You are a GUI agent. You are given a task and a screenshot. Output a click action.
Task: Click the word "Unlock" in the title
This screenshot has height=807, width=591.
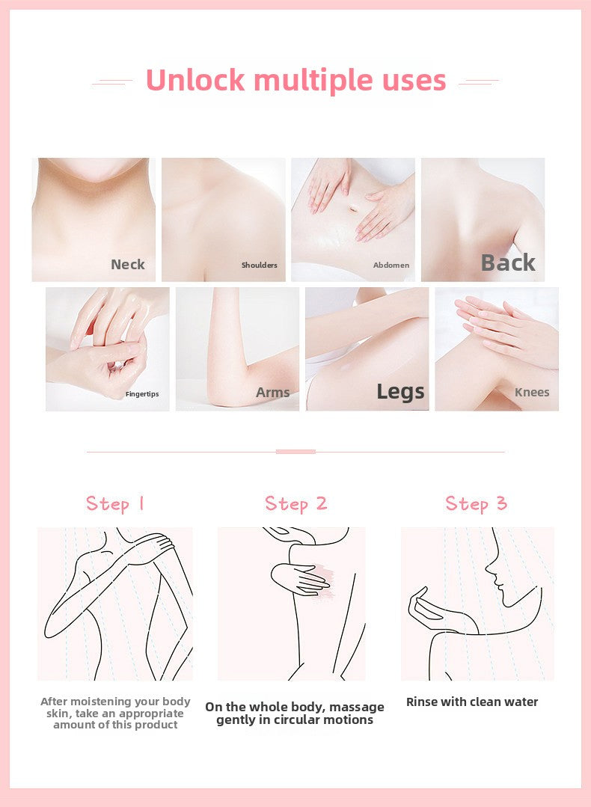(195, 80)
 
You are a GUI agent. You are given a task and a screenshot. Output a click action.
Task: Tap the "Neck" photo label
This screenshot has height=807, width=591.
(128, 264)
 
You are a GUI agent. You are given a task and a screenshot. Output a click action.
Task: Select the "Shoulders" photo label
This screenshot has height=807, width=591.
(260, 265)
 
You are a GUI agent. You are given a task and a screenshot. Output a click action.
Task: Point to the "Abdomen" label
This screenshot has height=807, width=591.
(391, 265)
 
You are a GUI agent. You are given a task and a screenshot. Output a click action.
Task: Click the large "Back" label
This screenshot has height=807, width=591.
(508, 263)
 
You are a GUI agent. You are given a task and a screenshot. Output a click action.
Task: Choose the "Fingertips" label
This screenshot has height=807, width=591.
(142, 394)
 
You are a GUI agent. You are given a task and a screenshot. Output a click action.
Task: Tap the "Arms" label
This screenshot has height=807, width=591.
(273, 392)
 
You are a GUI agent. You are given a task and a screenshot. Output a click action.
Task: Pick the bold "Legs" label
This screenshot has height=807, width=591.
(400, 392)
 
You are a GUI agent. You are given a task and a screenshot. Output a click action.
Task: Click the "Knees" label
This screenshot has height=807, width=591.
(532, 392)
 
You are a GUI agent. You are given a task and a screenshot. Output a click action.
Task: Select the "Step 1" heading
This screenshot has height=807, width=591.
(115, 504)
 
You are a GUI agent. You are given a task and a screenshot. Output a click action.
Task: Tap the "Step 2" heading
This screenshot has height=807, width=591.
(296, 504)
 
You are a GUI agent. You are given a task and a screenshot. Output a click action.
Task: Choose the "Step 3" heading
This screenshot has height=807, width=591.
(477, 504)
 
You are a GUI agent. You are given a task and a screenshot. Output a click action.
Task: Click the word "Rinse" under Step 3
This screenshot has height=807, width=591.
(422, 702)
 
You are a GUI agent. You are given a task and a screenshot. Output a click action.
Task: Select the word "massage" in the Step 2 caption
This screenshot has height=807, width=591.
(357, 708)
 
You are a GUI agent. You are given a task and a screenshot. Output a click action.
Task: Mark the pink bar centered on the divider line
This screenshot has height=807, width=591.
(295, 451)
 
